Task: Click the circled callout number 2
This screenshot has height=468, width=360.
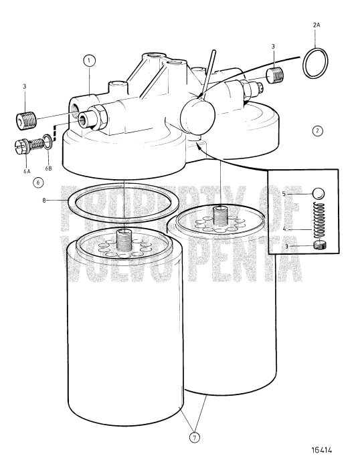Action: coord(317,131)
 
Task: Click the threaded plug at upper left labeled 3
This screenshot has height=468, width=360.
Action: coord(25,122)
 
